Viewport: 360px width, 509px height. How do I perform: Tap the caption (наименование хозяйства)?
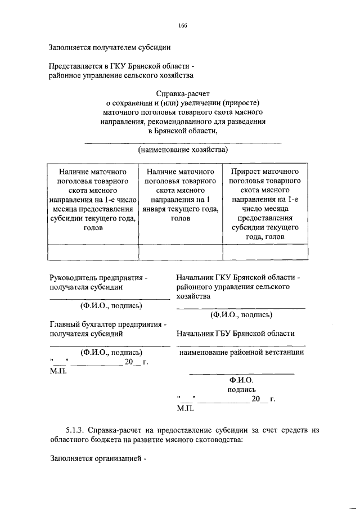pos(182,150)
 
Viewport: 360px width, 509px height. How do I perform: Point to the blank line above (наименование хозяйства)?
pos(182,142)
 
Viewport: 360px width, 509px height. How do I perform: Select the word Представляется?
pos(76,66)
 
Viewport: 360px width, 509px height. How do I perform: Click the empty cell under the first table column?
pos(93,252)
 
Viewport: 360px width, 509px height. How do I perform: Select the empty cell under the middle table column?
pos(181,252)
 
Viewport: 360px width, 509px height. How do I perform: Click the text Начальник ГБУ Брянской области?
pos(235,333)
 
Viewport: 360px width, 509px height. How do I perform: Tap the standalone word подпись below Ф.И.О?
pos(241,389)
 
